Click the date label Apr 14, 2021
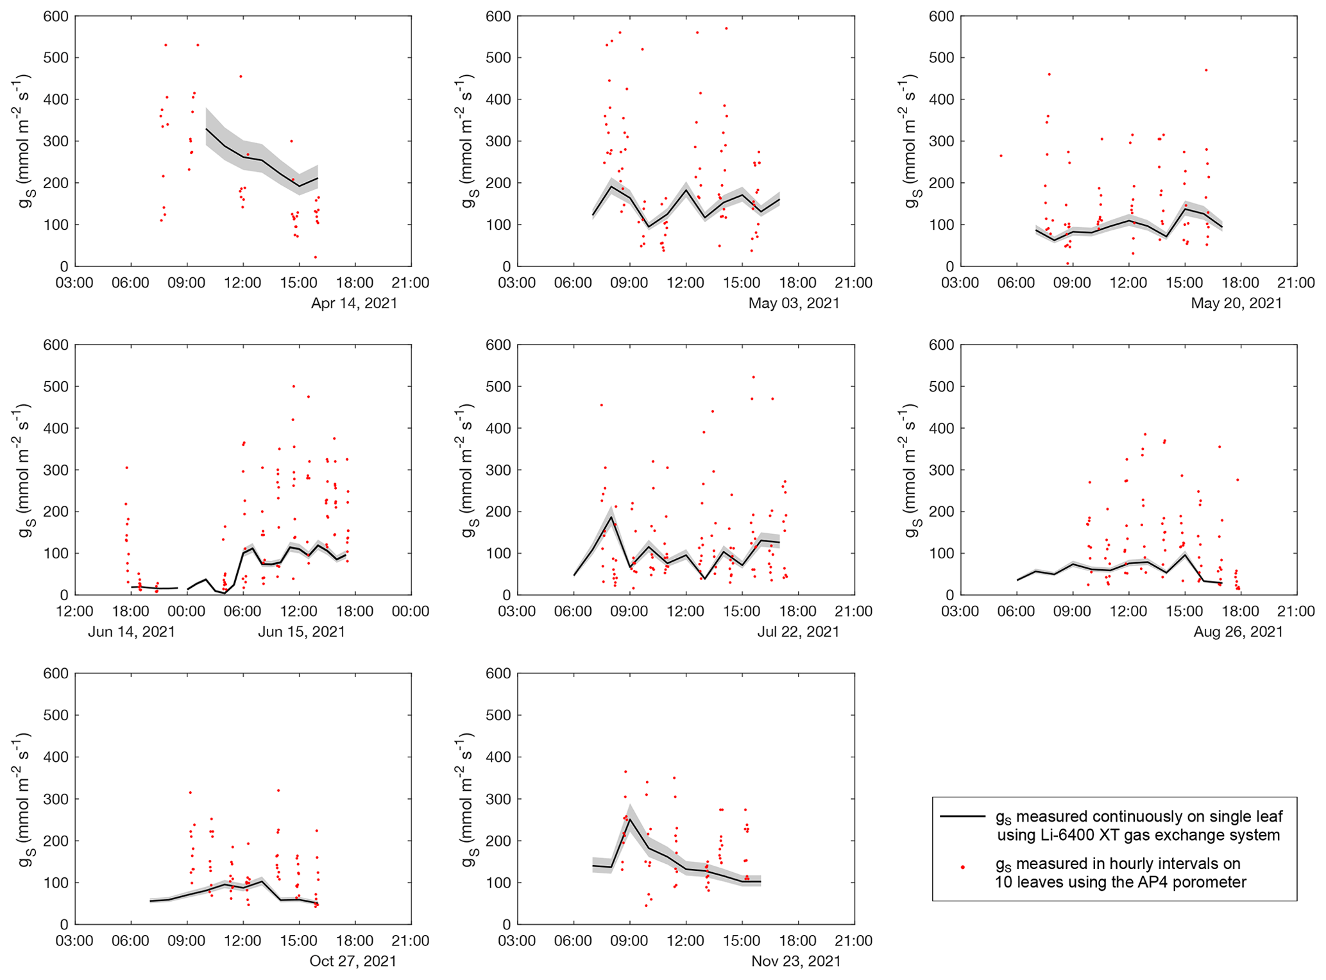354,303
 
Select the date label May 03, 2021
794,303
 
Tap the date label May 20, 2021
1236,303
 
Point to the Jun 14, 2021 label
132,632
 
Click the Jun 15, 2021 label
302,632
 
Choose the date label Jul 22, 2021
798,632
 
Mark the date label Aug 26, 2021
1238,632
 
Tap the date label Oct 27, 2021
353,961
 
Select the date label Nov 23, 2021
795,961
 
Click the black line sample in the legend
962,816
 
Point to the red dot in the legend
962,867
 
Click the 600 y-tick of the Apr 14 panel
56,16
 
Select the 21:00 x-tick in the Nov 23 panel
854,941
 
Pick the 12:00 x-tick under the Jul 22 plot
686,611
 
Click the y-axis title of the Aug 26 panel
911,470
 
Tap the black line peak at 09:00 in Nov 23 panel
630,819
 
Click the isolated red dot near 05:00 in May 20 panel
1000,155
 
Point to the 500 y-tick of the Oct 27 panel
56,715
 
